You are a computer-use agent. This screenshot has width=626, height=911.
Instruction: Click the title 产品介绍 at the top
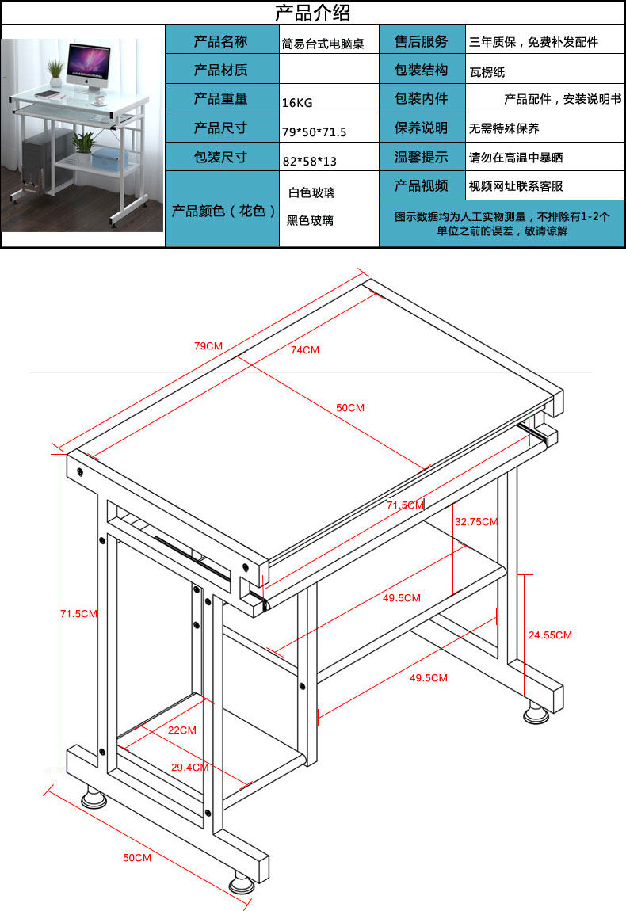[312, 13]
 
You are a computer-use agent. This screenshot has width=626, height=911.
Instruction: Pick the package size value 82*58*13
[310, 161]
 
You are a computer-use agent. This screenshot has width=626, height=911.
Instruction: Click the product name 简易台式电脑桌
[323, 44]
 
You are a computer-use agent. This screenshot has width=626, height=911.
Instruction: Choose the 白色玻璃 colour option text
[311, 192]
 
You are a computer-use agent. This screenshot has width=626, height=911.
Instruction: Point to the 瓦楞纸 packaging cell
[487, 72]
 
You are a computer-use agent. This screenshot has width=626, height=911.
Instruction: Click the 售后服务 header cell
[422, 41]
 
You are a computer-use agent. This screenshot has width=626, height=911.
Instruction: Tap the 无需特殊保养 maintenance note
[504, 128]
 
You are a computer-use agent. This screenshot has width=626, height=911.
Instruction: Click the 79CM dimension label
[208, 346]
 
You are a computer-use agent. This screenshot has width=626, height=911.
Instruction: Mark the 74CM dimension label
[304, 349]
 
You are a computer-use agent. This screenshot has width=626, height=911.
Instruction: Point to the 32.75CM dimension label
[476, 522]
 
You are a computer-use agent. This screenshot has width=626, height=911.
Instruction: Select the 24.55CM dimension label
[550, 635]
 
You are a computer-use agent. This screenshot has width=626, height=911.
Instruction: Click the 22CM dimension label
[182, 730]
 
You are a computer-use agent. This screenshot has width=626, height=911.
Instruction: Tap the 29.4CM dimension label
[190, 767]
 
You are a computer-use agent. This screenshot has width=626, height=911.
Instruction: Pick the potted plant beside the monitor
[55, 73]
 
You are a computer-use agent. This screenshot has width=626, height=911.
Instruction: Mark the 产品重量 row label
[221, 99]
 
